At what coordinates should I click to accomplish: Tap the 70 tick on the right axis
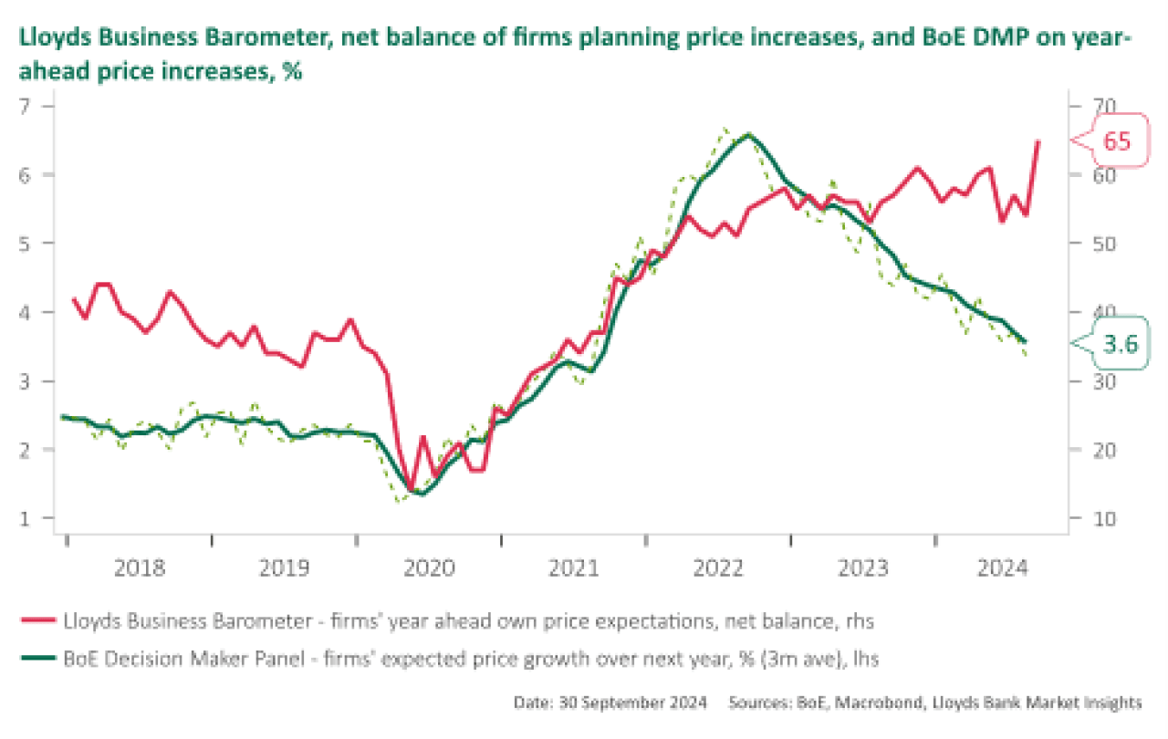1093,106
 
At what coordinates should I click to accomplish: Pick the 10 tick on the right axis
1093,518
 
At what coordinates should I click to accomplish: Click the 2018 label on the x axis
140,569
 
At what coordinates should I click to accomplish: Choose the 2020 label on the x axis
429,569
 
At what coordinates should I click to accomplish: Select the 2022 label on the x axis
719,569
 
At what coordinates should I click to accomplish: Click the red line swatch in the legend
37,622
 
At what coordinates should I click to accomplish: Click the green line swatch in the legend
37,657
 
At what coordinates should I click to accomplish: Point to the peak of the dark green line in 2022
748,134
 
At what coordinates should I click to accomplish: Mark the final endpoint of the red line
1038,141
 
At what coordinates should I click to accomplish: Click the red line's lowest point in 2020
410,490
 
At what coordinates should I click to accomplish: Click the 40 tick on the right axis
1093,312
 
